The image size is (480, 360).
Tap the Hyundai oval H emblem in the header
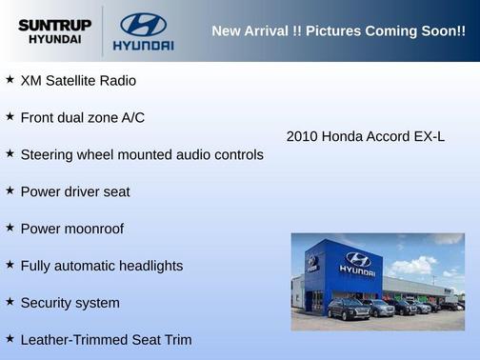tap(143, 24)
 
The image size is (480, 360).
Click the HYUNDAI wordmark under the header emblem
tap(143, 45)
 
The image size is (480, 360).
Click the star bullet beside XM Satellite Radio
tap(10, 80)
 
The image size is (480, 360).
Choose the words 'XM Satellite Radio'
tap(78, 81)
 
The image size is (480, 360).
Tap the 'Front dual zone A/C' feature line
tap(83, 117)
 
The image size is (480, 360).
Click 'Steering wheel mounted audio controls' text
tap(142, 154)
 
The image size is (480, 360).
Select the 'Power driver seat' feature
tap(75, 191)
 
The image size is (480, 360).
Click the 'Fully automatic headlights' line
tap(101, 266)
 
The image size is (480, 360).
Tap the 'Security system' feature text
tap(70, 303)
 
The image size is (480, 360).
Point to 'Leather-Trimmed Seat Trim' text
tap(106, 339)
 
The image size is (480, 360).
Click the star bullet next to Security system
tap(10, 302)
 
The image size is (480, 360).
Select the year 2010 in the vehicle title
tap(302, 136)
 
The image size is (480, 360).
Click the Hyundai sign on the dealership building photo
tap(357, 262)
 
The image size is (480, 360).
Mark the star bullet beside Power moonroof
tap(10, 228)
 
